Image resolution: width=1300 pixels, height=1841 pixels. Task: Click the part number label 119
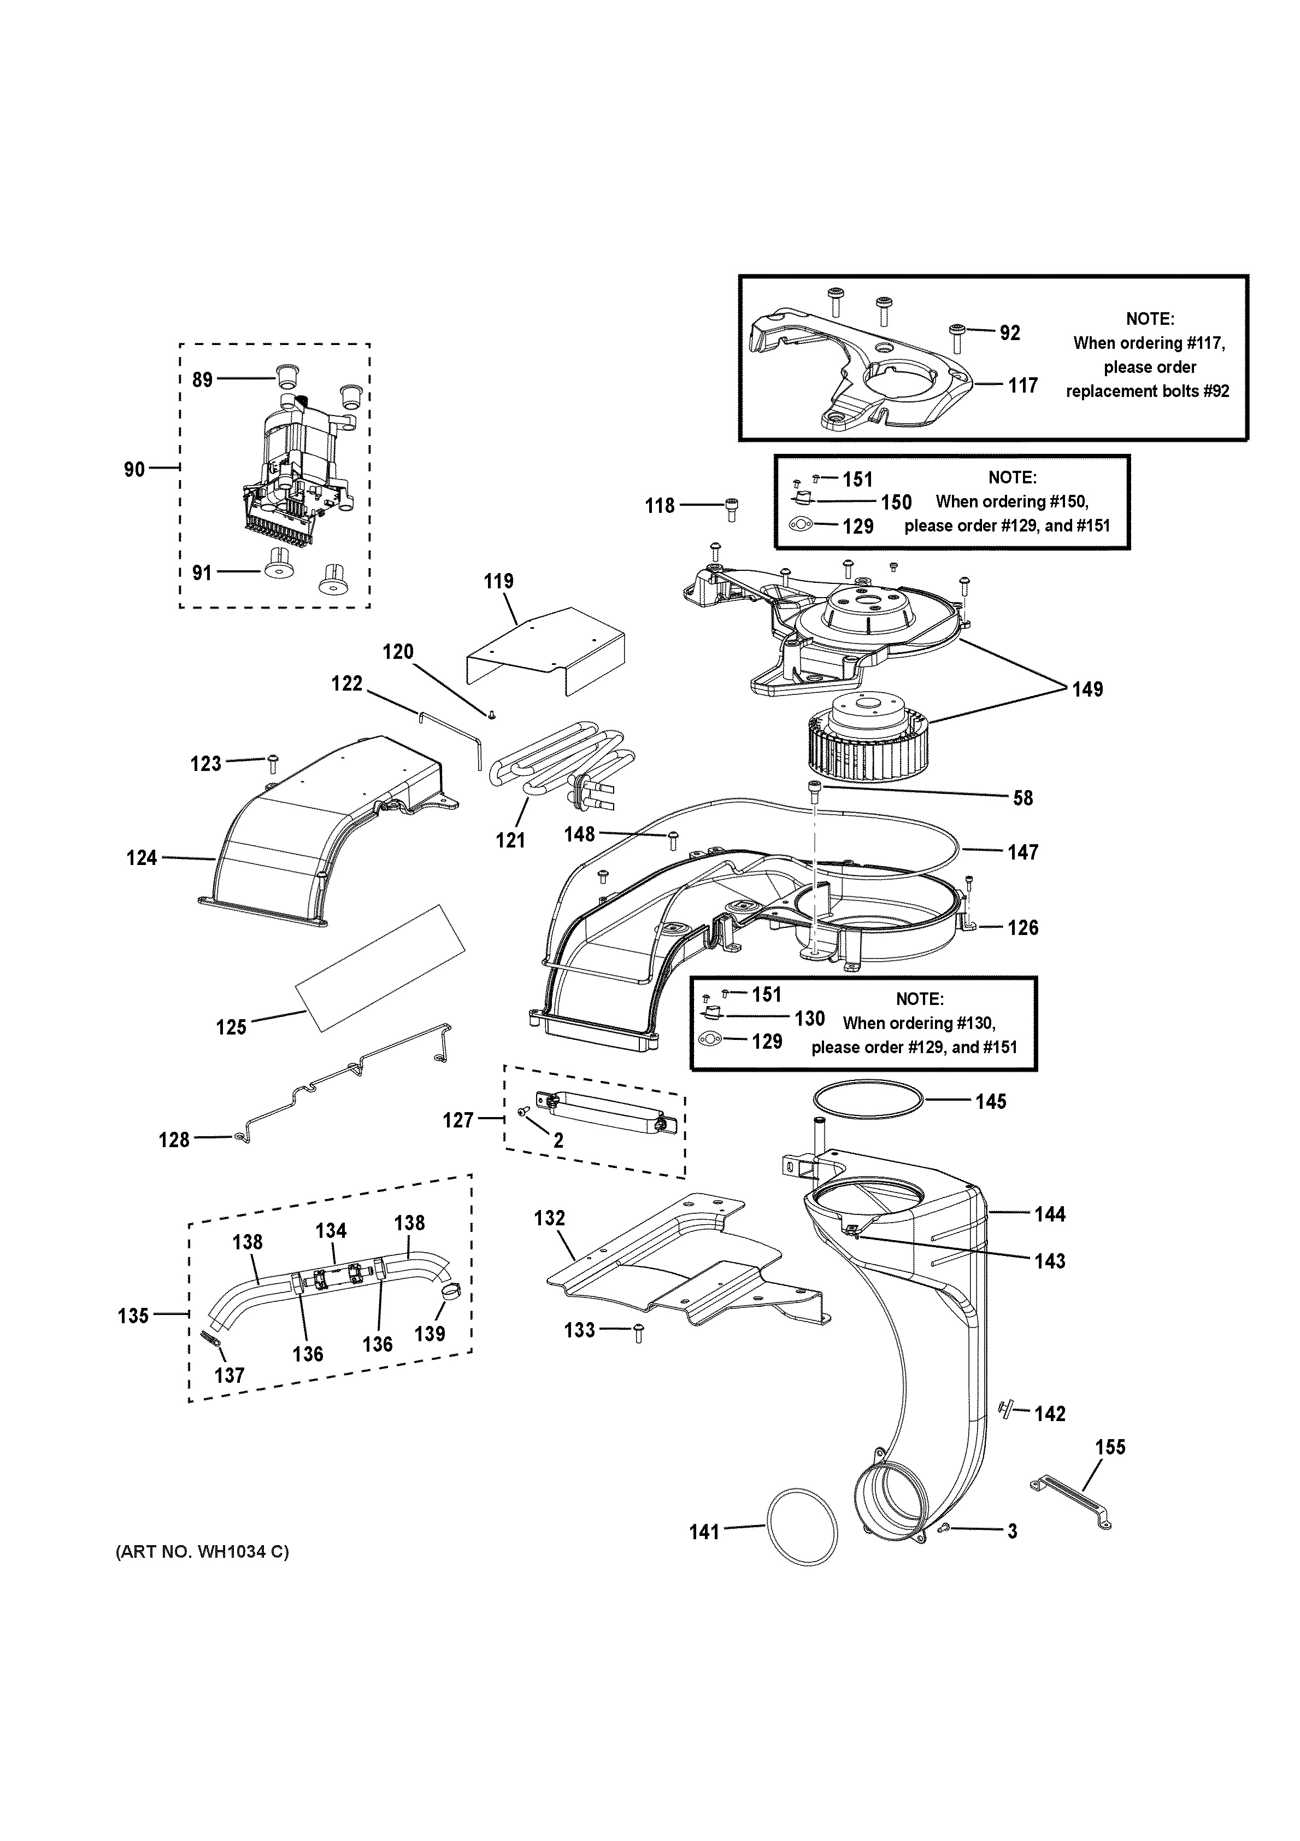coord(498,581)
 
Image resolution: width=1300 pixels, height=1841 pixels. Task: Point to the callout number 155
coord(1110,1447)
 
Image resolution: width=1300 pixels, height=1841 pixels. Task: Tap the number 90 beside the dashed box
coord(134,469)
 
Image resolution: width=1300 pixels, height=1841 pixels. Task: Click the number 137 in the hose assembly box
coord(228,1375)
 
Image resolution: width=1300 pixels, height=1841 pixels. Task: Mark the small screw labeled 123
coord(273,760)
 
